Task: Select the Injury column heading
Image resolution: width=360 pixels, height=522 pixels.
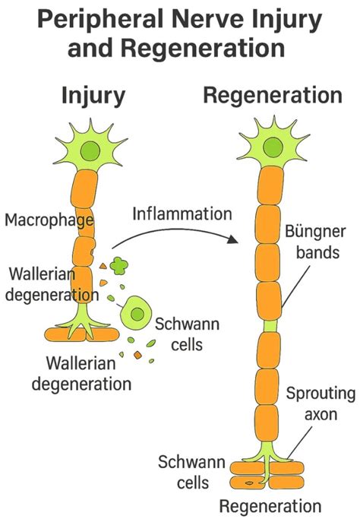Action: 93,96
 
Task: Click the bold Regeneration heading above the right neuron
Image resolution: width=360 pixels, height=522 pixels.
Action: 273,96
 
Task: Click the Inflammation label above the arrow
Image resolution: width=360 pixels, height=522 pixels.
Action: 182,213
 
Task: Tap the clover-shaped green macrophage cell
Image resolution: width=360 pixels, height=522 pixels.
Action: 119,265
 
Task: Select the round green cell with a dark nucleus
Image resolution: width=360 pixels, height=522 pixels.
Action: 137,313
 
